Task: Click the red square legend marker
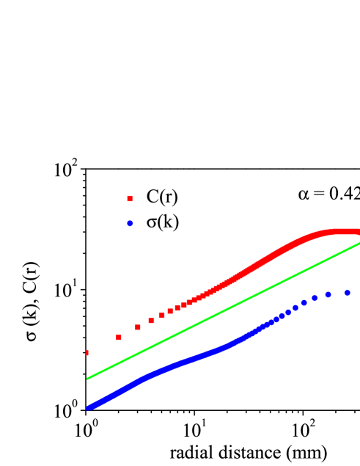[130, 198]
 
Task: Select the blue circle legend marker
[130, 223]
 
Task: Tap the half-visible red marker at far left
[87, 352]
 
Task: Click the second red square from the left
[119, 337]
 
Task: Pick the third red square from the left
[138, 327]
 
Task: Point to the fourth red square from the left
[151, 320]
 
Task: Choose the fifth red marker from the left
[162, 315]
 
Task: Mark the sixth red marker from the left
[170, 311]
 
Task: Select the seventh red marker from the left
[177, 307]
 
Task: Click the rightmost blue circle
[348, 292]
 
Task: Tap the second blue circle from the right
[328, 294]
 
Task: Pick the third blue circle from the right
[315, 297]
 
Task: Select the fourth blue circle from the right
[304, 302]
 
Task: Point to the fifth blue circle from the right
[295, 307]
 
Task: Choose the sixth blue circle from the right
[288, 312]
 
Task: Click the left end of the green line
[88, 378]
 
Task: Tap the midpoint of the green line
[224, 311]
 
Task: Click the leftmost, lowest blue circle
[89, 407]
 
